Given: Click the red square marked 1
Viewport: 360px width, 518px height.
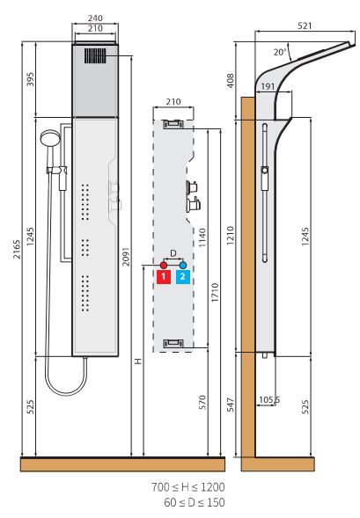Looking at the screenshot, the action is coord(164,277).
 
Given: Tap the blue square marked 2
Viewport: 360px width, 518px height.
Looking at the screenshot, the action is coord(183,277).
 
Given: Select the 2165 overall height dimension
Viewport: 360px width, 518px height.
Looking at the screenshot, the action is coord(17,249).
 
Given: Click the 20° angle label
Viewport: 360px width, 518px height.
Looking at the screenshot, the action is coord(280,52).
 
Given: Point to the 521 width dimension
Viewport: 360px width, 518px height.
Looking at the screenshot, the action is coord(305,26).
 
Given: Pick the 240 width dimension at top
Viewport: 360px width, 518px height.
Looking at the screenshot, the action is coord(95,18).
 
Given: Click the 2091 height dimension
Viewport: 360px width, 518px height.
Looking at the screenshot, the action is coord(126,256).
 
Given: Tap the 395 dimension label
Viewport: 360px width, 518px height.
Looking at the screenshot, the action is coord(31,79).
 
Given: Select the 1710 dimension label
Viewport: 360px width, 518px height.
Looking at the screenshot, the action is coord(215,292).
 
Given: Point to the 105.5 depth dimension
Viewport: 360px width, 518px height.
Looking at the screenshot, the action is coord(269,400).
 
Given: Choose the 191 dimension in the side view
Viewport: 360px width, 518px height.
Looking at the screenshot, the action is coord(268,86).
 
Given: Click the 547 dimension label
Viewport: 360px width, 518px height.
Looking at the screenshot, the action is coord(231,405).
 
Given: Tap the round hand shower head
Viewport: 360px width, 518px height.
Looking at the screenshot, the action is coord(50,138).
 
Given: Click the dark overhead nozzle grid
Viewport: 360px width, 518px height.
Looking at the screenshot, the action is coord(95,55).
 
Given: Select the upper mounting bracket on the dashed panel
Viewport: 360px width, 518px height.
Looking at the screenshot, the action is coord(173,124).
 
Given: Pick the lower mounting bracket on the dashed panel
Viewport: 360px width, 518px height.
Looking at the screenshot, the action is coord(173,344).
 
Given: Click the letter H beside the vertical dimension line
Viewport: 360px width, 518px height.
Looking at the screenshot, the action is coord(138,361).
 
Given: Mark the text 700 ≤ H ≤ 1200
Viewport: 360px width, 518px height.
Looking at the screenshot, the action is coord(188,487).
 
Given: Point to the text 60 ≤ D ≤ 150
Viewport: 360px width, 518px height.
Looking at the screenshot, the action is coord(195,502).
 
